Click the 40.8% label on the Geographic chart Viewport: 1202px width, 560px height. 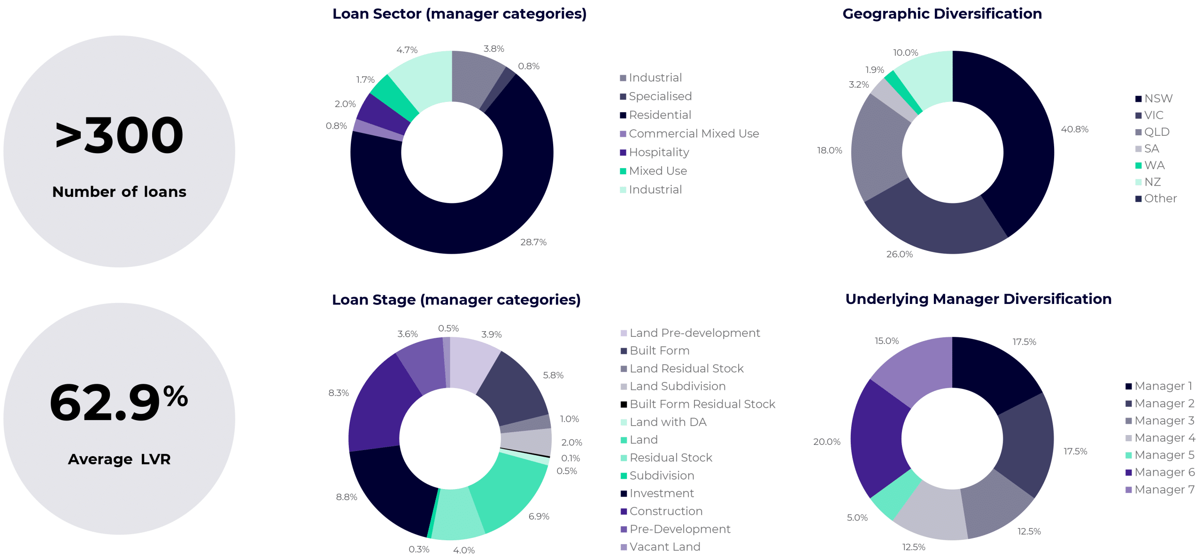point(1074,129)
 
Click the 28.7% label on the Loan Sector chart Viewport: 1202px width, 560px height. point(533,242)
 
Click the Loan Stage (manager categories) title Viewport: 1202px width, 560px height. point(456,299)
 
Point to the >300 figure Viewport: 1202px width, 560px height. point(119,136)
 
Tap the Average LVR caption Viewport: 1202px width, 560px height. point(119,459)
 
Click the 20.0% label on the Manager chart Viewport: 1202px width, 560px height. point(826,442)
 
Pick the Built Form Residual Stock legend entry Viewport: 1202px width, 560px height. point(701,404)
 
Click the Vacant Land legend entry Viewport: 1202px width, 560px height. point(664,546)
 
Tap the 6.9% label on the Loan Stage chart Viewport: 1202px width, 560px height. point(539,516)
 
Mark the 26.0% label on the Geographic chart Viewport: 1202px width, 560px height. point(899,254)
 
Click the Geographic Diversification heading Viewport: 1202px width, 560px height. point(942,14)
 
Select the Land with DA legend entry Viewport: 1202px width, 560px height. point(667,422)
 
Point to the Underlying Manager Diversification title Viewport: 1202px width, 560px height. point(978,299)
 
